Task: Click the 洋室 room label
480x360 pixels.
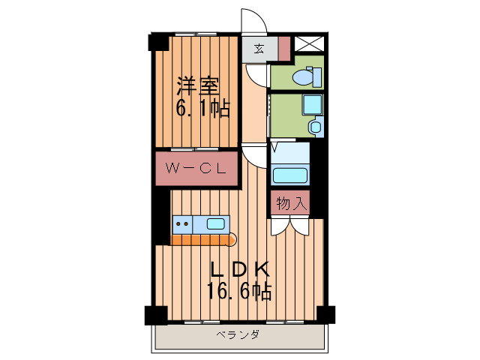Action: (199, 83)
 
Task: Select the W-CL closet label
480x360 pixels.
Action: (196, 169)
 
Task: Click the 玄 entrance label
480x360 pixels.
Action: (258, 49)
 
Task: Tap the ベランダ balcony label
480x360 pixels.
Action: (238, 335)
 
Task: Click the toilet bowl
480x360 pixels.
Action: (305, 76)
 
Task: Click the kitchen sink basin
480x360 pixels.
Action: (215, 223)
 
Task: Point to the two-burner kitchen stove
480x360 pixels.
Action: (181, 223)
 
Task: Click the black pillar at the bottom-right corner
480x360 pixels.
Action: (325, 314)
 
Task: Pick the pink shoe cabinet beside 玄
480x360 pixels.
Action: (283, 48)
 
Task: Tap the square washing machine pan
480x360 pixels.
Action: (310, 105)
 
